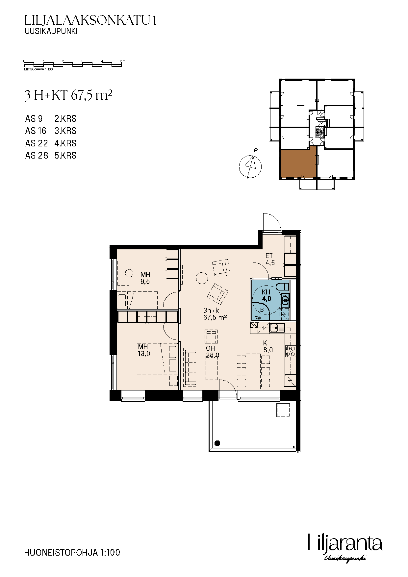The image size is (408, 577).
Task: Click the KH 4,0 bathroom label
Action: point(266,295)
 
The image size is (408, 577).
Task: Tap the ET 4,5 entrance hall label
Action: point(270,260)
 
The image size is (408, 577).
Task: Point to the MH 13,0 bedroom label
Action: point(144,350)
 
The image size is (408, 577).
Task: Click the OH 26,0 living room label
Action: point(213,352)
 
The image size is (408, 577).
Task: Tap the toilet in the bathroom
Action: point(282,286)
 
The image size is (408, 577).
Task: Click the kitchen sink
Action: point(277,328)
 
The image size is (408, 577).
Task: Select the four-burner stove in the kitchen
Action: point(291,351)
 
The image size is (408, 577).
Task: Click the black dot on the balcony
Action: point(217,443)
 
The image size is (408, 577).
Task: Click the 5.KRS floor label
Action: point(65,156)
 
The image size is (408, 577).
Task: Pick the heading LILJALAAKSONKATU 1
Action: point(90,21)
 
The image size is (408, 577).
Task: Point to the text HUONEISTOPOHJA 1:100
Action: point(72,552)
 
